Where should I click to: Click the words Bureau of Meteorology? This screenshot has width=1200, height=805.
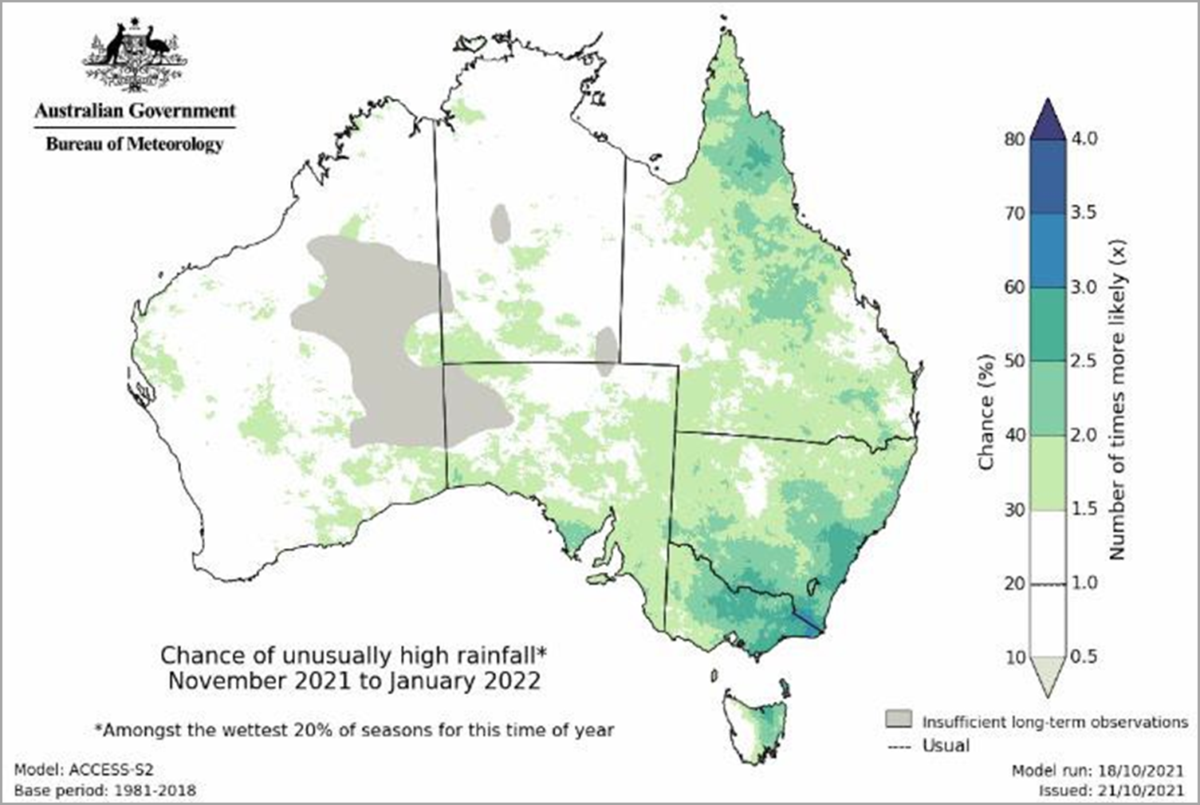[135, 144]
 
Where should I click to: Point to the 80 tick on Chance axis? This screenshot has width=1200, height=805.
[1014, 139]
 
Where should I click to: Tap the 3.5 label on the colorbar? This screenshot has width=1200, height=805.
[1083, 212]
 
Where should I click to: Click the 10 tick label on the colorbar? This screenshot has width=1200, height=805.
[1014, 657]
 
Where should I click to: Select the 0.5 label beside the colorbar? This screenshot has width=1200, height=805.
[1083, 657]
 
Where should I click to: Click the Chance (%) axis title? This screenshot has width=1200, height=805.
[986, 412]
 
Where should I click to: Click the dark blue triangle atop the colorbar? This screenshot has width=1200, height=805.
[1048, 120]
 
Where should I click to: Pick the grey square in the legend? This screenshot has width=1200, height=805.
[898, 719]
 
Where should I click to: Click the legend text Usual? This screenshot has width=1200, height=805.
[946, 746]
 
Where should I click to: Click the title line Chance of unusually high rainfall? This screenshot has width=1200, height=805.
[354, 656]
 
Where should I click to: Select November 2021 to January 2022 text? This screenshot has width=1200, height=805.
[354, 681]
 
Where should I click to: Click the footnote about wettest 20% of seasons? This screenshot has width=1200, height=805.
[354, 730]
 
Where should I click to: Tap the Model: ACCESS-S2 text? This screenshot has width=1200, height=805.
[84, 770]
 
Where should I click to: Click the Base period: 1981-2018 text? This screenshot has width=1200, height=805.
[104, 791]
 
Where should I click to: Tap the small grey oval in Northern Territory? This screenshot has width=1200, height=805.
[501, 224]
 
